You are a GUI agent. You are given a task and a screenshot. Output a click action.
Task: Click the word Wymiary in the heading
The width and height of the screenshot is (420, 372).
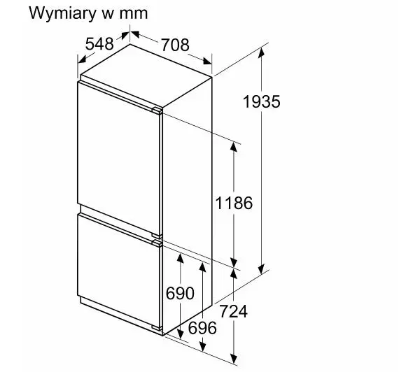(62, 13)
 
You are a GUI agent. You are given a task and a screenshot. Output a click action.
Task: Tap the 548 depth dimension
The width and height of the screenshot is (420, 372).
(99, 44)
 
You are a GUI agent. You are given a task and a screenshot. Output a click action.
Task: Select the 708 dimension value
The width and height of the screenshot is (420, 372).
(175, 45)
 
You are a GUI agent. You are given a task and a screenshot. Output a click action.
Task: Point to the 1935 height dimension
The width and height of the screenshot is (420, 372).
(261, 101)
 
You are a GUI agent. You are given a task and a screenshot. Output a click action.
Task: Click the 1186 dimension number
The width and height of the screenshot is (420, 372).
(234, 203)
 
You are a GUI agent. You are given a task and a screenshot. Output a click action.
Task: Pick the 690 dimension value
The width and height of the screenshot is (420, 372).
(180, 293)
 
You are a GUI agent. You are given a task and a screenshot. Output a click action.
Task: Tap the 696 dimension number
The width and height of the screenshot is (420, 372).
(202, 328)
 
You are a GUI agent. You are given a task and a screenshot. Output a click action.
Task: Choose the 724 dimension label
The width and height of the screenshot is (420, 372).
(233, 311)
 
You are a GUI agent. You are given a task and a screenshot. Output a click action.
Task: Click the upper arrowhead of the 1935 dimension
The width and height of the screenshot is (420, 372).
(261, 52)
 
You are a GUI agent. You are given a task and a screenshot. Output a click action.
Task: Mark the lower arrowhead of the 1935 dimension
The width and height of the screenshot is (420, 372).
(261, 269)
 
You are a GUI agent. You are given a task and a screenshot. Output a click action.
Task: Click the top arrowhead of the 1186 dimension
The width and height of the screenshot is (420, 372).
(234, 147)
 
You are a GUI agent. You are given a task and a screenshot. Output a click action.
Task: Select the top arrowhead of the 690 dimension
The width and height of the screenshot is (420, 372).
(181, 258)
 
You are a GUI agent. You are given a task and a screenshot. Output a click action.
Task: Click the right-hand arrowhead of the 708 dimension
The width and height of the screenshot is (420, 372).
(207, 61)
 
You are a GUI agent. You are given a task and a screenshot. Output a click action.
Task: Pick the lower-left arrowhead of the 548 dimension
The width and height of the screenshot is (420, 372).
(82, 59)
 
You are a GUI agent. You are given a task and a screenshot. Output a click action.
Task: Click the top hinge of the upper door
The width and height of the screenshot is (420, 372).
(157, 110)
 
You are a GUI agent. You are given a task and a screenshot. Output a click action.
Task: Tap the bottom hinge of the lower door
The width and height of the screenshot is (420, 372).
(157, 328)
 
